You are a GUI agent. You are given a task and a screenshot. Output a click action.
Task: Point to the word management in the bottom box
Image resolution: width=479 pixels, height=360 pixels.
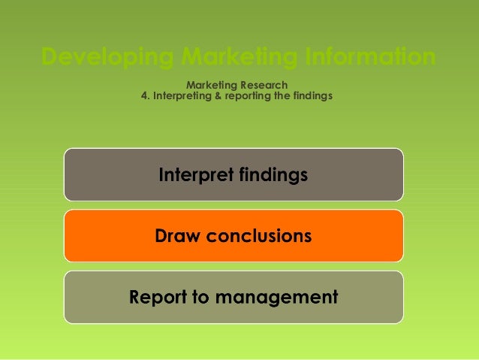(277, 297)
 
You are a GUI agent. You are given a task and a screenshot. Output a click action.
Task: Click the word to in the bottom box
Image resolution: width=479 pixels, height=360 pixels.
(201, 297)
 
